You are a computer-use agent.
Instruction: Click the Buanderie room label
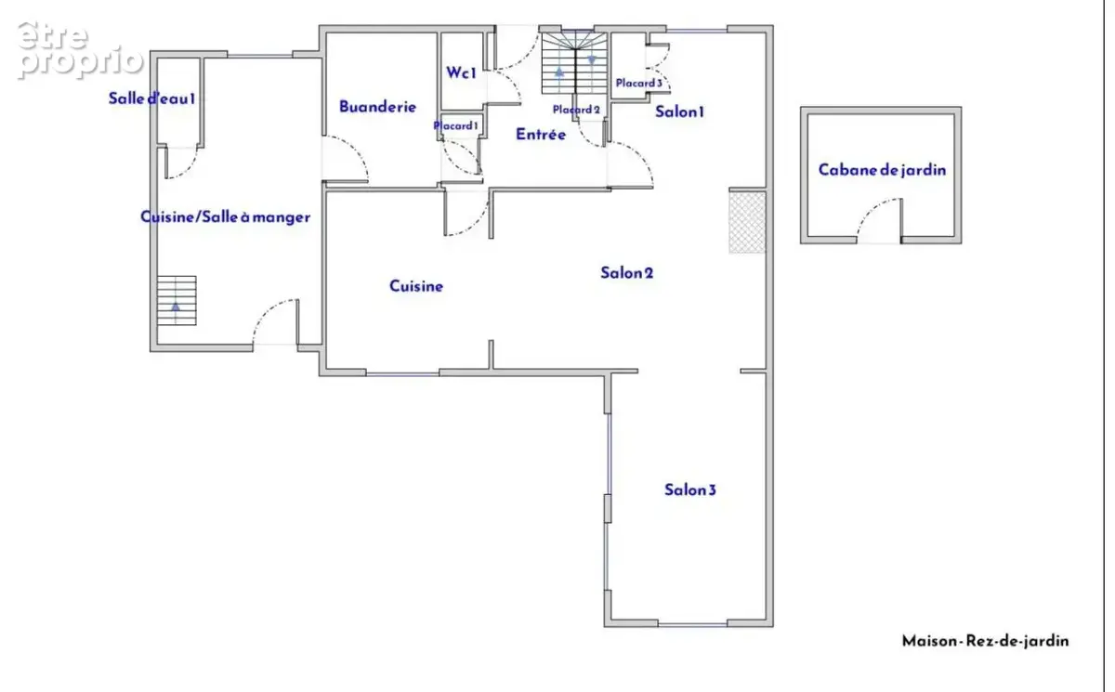point(377,107)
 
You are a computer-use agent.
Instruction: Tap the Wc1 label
point(462,72)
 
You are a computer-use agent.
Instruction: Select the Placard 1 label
point(455,125)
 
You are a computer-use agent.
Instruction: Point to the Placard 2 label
point(576,110)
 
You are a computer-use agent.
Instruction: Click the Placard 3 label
point(639,83)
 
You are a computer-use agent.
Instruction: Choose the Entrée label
point(541,134)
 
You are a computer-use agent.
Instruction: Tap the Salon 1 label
point(679,112)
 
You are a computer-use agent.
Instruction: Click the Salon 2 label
point(626,273)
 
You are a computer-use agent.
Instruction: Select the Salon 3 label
point(689,490)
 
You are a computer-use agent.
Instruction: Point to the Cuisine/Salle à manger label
point(226,217)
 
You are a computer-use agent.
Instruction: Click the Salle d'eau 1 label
point(151,98)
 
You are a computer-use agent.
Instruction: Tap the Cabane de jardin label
point(882,170)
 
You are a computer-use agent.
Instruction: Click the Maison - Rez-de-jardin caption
point(986,641)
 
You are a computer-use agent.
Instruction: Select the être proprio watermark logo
point(80,51)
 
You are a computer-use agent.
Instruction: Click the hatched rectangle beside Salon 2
point(747,222)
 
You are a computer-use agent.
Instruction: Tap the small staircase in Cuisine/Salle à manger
point(177,300)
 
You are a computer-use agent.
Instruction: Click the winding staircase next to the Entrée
point(575,62)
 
